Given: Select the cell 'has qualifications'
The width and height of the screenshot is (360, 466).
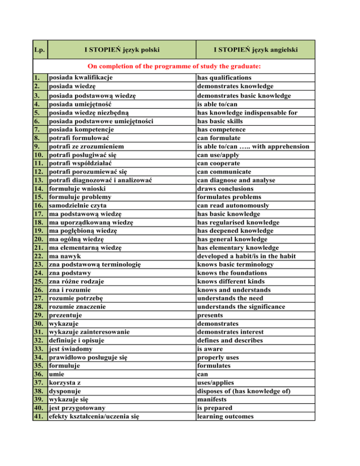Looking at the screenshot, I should tap(224, 77).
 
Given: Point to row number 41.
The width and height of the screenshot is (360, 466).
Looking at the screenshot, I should tap(40, 416).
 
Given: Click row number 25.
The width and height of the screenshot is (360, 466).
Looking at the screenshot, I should tap(40, 281).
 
